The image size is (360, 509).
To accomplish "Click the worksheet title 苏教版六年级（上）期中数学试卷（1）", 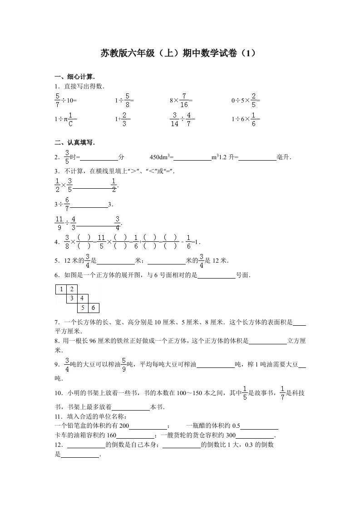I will [x=180, y=54].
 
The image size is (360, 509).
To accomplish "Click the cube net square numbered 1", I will [x=60, y=289].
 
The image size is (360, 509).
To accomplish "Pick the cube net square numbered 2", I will [x=72, y=289].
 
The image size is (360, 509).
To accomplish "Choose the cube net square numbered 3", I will [x=72, y=299].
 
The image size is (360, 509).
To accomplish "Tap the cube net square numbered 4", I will [x=83, y=299].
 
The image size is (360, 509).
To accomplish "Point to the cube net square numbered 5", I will [x=83, y=308].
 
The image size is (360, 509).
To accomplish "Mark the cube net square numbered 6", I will [x=94, y=308].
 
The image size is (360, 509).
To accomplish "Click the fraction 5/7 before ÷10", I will [x=57, y=100].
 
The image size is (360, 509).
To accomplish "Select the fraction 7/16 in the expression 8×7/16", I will [x=184, y=100].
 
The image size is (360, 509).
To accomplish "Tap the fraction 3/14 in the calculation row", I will [x=174, y=119].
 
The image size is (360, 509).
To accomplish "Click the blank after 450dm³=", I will [x=192, y=158].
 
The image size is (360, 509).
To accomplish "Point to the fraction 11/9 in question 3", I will [x=59, y=223].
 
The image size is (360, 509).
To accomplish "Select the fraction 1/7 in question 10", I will [x=282, y=393].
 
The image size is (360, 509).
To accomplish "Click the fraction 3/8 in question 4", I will [x=67, y=242].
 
